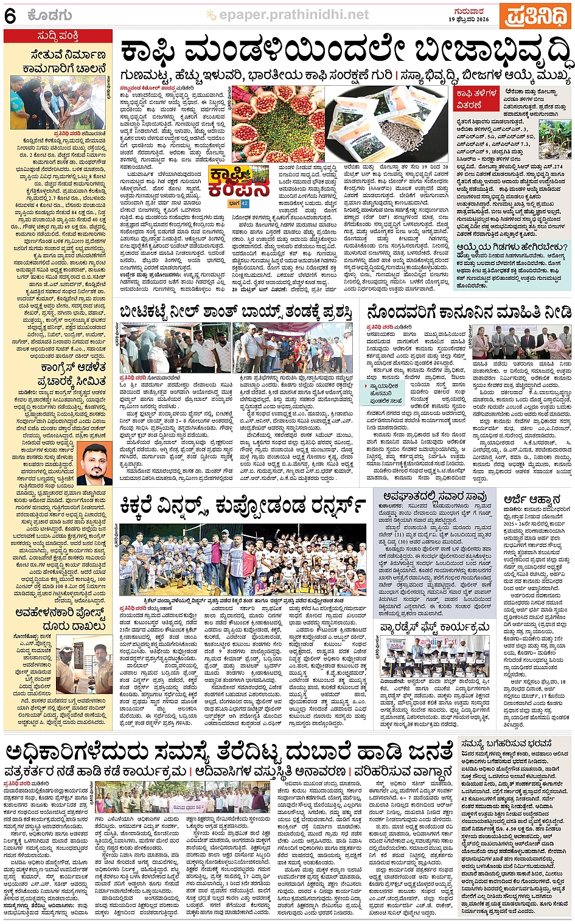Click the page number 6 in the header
coord(10,16)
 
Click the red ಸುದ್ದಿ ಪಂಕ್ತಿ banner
coord(58,36)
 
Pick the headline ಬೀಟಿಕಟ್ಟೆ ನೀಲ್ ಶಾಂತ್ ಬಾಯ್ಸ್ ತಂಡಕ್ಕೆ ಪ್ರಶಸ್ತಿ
coord(236,313)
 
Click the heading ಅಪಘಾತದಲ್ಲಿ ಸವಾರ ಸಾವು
coord(434,495)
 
